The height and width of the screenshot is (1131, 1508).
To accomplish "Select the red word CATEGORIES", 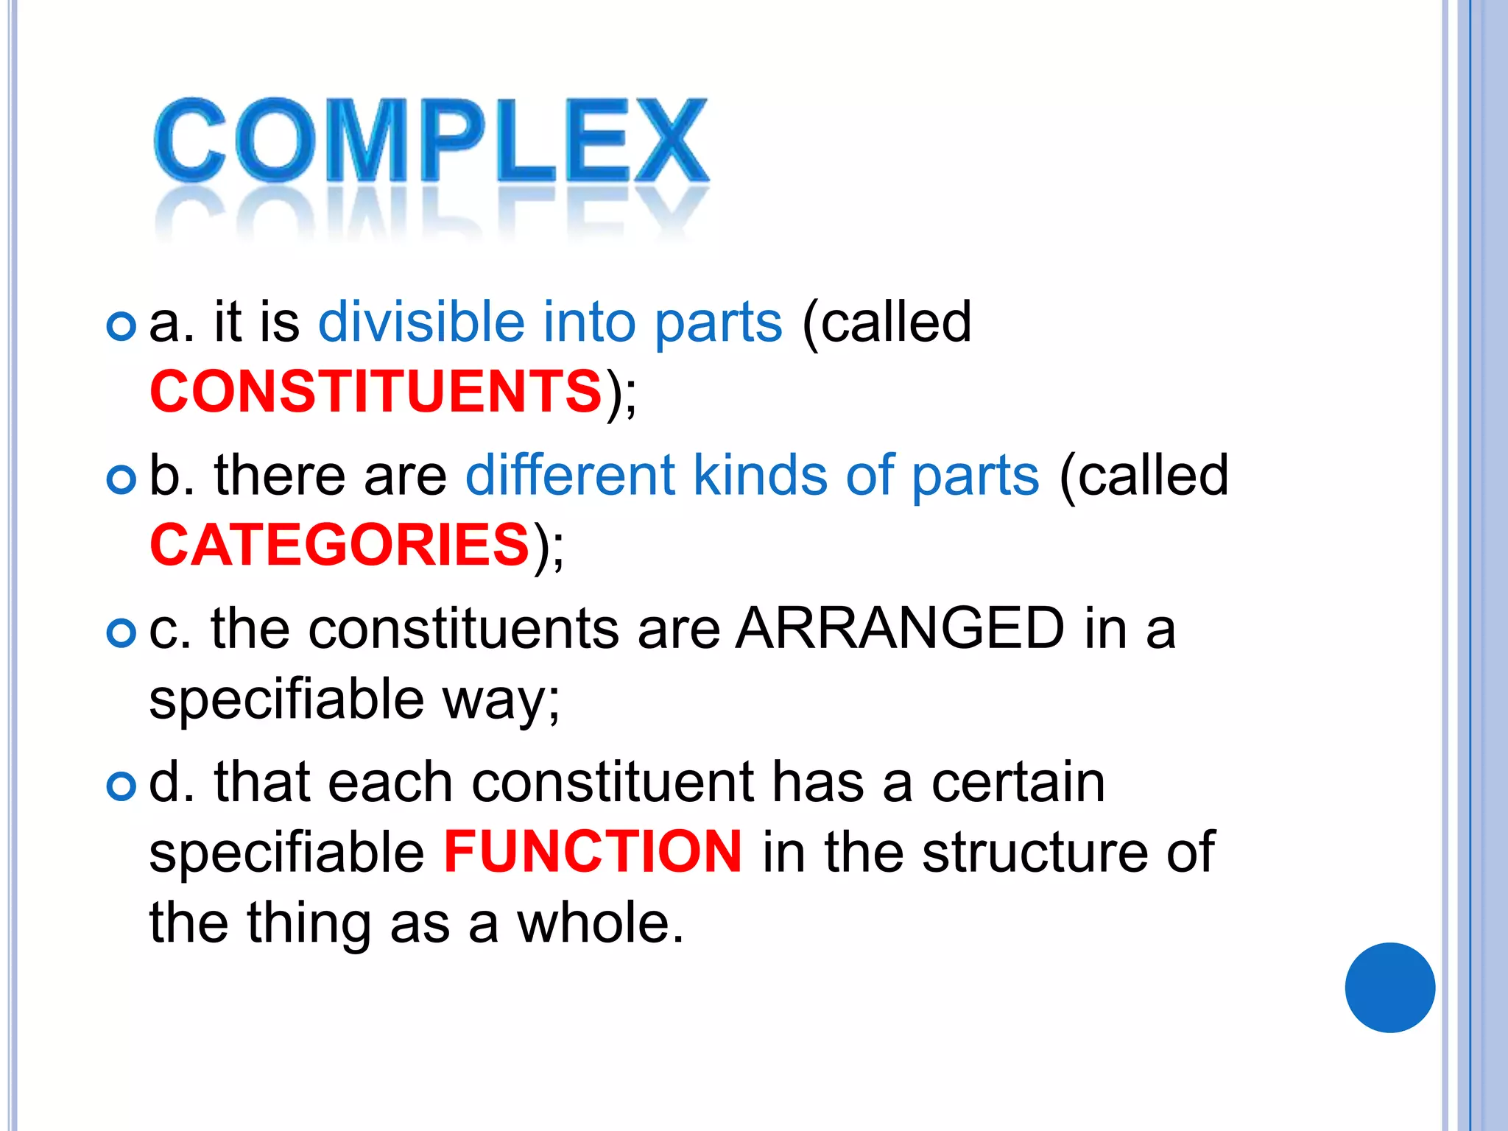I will tap(339, 545).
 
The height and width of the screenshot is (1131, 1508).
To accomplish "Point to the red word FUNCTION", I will tap(593, 852).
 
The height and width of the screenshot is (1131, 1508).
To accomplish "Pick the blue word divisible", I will tap(421, 323).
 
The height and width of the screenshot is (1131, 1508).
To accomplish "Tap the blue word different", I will tap(570, 476).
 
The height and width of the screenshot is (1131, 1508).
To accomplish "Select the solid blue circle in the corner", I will tap(1389, 987).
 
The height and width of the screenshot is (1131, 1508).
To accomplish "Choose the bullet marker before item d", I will tap(121, 786).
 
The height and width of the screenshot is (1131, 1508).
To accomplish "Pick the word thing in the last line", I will tap(309, 924).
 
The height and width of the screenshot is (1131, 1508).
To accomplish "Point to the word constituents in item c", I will tap(463, 629).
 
